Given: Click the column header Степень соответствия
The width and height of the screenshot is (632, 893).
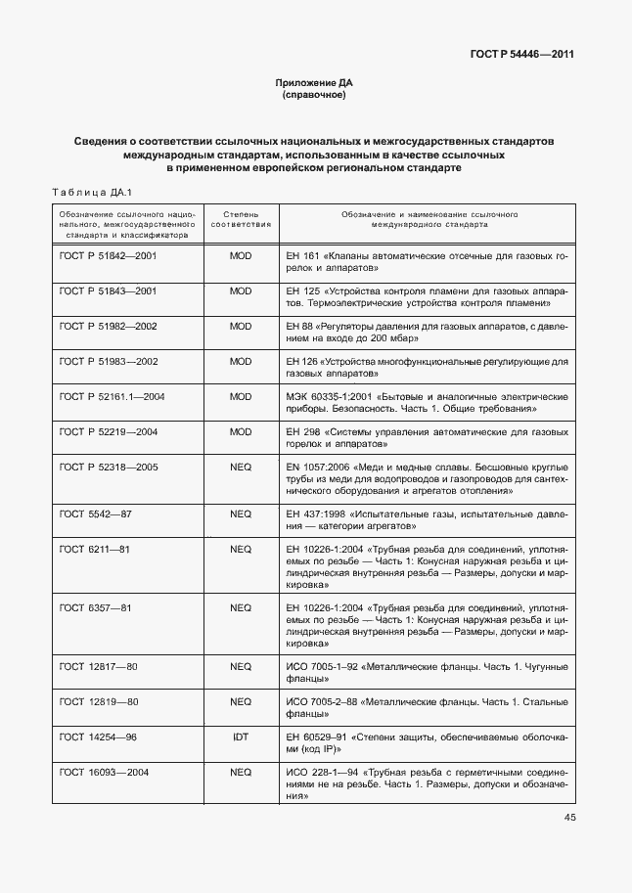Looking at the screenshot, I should tap(240, 218).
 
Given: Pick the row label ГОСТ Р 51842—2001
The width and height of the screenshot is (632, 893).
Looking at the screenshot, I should tap(108, 255).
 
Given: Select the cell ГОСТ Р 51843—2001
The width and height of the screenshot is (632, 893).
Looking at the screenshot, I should tap(108, 291).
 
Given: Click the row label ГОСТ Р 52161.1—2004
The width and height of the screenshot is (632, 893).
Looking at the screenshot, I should tap(112, 396).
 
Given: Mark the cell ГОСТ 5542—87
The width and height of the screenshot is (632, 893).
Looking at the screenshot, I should tap(95, 513).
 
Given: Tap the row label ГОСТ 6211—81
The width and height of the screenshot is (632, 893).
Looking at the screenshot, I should tap(94, 549).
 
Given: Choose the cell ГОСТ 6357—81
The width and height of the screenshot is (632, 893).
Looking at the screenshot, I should tap(94, 607).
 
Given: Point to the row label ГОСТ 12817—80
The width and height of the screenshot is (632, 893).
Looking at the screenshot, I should tap(98, 666).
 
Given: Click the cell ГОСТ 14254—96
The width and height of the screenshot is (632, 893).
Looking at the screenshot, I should tap(98, 737).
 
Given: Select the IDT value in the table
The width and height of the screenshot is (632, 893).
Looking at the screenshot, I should tap(240, 737).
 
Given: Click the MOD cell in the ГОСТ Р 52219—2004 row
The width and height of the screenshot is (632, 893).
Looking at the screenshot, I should tap(240, 431).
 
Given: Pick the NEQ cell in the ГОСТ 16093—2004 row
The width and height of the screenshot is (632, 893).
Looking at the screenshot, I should tap(240, 772).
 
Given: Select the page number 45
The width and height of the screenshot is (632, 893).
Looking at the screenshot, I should tap(569, 818).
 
